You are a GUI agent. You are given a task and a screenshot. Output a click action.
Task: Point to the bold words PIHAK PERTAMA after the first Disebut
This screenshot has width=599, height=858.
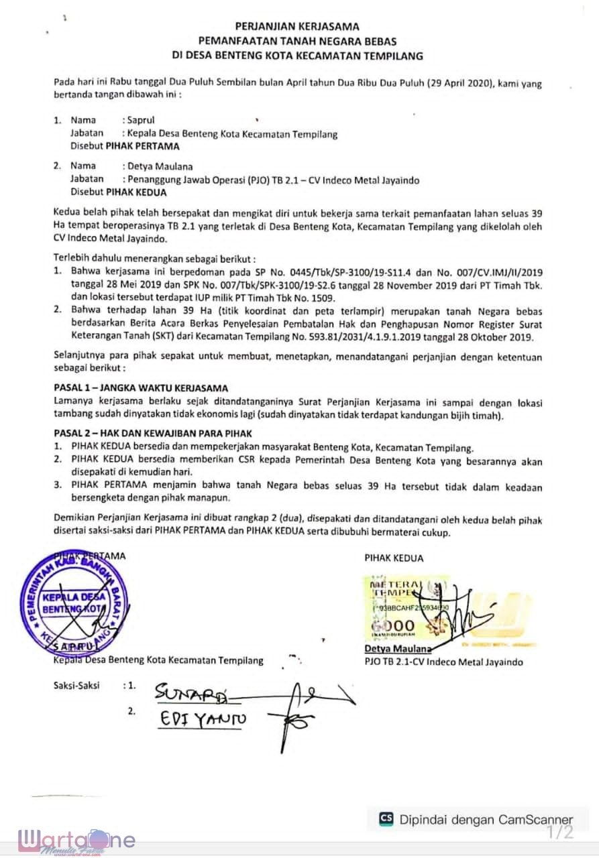pos(142,145)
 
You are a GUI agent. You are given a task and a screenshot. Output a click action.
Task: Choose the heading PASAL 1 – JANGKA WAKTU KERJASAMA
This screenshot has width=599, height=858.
pos(140,388)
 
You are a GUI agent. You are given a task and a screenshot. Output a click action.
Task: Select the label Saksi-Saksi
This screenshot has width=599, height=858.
pos(76,686)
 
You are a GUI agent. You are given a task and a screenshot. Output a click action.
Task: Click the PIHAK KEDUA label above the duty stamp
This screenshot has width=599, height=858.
pos(394,558)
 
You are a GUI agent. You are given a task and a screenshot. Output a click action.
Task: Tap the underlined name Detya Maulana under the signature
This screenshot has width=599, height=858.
pos(396,649)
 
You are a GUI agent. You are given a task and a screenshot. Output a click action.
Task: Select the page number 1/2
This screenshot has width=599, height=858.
pos(559,833)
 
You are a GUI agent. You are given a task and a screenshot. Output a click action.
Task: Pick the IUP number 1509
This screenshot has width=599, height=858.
pos(325,297)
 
